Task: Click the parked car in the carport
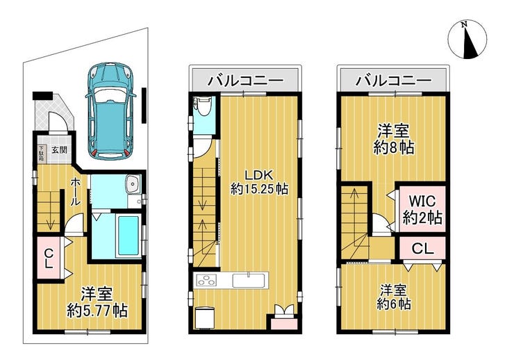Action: click(111, 111)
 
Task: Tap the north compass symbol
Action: click(467, 40)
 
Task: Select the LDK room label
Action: click(259, 182)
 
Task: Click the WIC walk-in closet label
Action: click(422, 209)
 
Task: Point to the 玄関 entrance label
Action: click(59, 150)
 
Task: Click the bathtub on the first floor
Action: click(128, 235)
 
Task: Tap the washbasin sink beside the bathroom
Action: click(133, 185)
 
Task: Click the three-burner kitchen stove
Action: click(206, 281)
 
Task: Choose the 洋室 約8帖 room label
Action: click(393, 139)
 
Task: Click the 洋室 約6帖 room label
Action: click(393, 297)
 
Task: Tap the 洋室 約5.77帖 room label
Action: click(97, 302)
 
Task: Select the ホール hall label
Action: click(75, 191)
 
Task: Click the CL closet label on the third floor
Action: click(422, 249)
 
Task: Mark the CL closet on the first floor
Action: click(49, 258)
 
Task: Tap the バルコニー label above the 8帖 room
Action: click(394, 81)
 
